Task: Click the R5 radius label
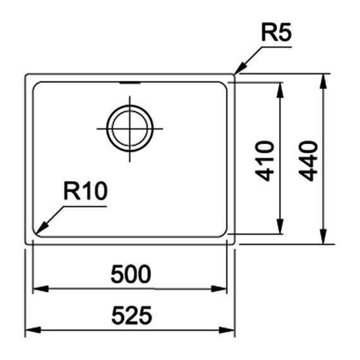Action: point(277,32)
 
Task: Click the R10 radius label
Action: point(85,191)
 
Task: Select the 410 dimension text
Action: point(265,161)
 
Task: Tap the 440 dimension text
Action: point(308,161)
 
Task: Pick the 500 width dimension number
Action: point(131,274)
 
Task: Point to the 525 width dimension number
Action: point(131,315)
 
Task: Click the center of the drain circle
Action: point(129,129)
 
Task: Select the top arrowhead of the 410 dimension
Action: point(280,90)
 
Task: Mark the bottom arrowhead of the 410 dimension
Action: point(280,227)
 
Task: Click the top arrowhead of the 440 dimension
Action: point(323,81)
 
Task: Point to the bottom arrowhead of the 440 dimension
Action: point(323,236)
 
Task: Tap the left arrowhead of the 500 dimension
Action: point(41,289)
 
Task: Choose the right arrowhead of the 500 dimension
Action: point(219,289)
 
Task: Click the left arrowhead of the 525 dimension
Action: point(33,330)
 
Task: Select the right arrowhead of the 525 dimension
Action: point(227,330)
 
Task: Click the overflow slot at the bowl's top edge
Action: point(130,83)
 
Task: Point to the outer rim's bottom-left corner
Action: point(26,243)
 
